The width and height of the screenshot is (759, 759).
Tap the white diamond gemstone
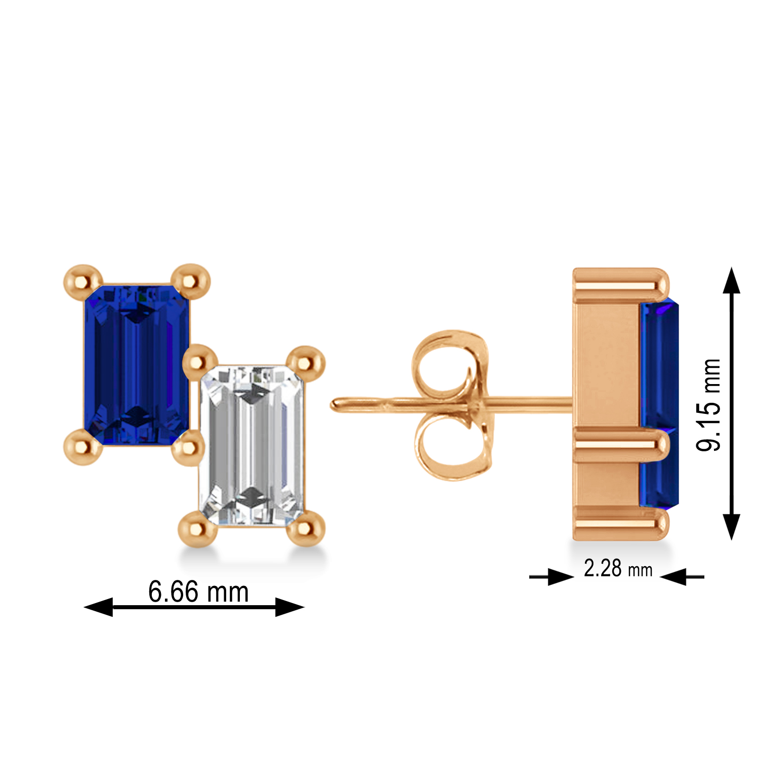(x=252, y=445)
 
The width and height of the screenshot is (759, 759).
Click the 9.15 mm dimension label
(x=708, y=405)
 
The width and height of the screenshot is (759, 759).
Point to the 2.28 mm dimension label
(x=617, y=569)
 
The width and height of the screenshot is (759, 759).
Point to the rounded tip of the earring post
(x=336, y=405)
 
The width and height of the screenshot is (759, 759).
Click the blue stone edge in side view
(x=659, y=405)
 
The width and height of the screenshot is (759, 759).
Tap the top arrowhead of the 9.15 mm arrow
(x=731, y=281)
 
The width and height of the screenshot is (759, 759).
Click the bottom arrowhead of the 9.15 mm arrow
(x=731, y=526)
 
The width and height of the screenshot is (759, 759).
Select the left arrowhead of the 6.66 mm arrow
(x=99, y=607)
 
